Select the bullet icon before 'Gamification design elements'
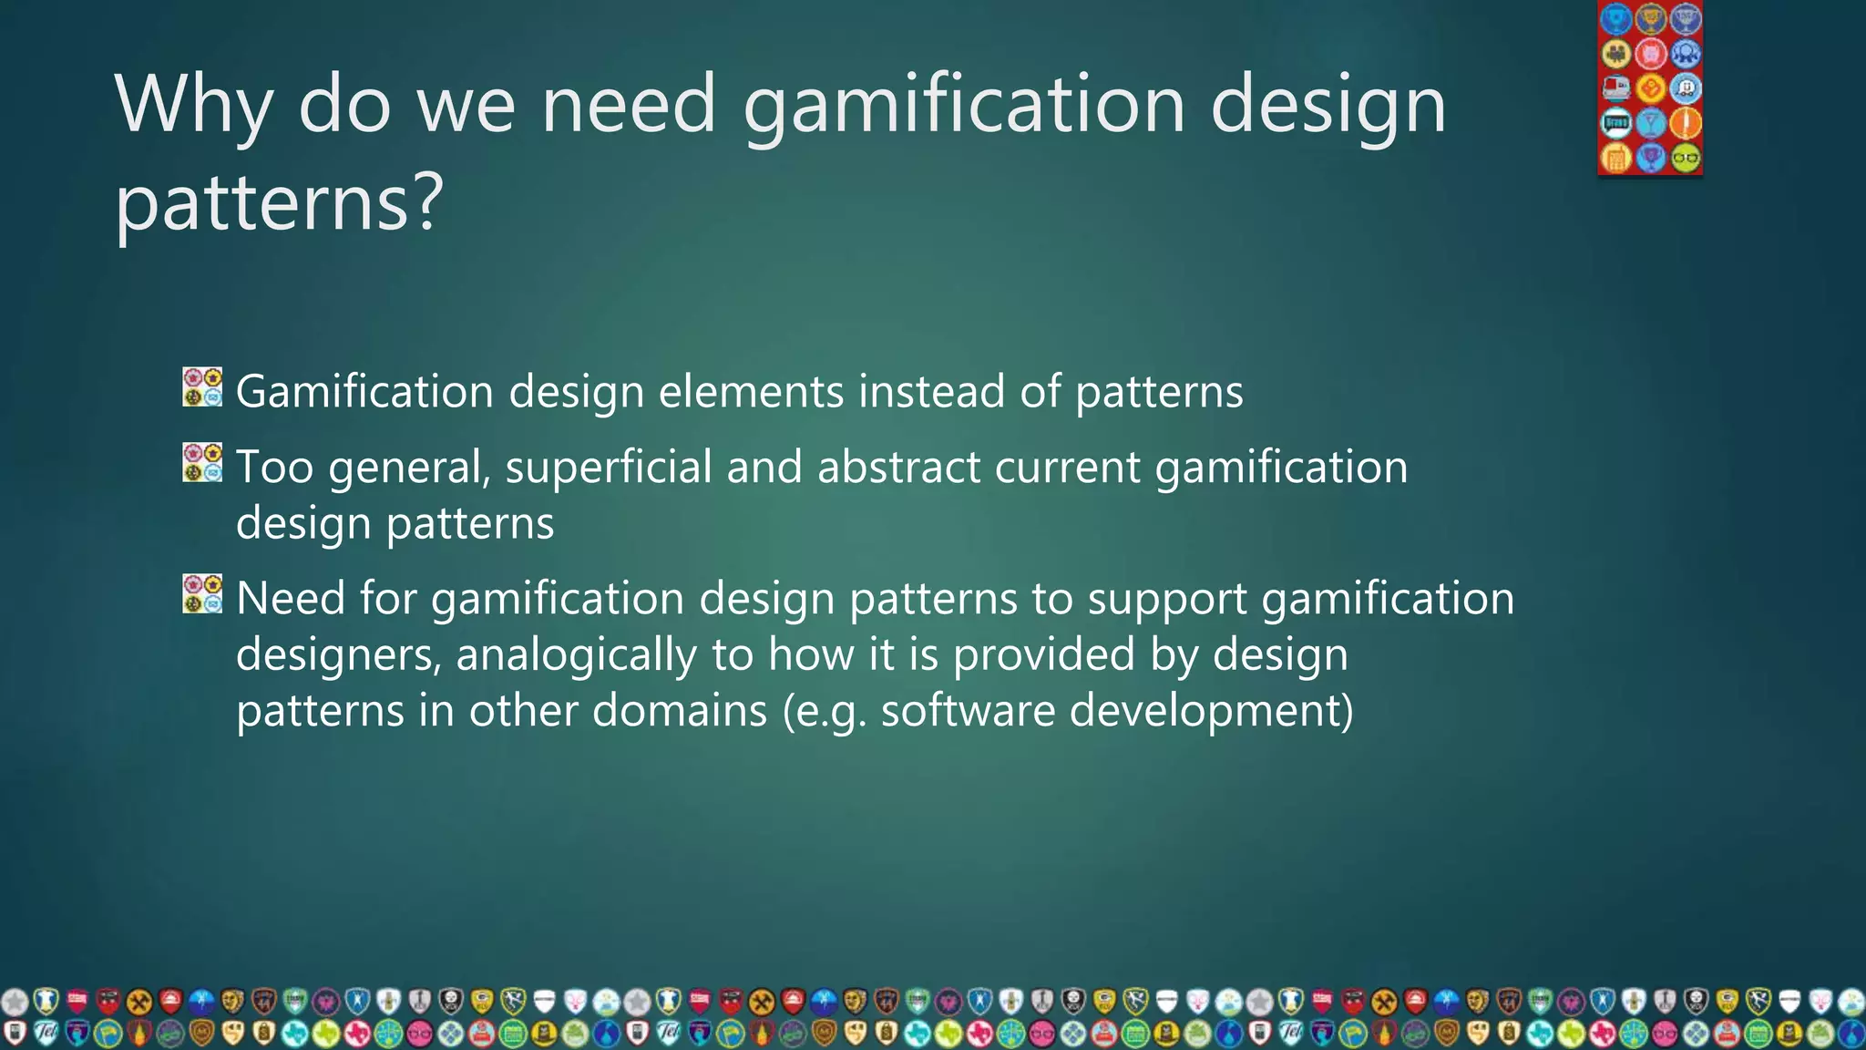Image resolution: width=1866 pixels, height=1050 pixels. [x=202, y=387]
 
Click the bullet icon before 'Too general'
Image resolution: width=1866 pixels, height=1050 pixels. [x=202, y=463]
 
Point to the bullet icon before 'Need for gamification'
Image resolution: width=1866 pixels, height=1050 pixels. [x=202, y=594]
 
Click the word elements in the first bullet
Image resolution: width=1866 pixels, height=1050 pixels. [x=751, y=392]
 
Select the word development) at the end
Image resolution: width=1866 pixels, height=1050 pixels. [x=1211, y=713]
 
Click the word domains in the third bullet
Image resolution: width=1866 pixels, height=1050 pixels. [x=680, y=711]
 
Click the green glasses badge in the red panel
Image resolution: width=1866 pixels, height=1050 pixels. [x=1686, y=158]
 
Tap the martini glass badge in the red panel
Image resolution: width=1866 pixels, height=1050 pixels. [x=1650, y=123]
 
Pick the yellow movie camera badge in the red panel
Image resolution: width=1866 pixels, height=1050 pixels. [x=1616, y=54]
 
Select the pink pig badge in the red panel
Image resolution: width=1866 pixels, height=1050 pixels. [x=1650, y=54]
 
